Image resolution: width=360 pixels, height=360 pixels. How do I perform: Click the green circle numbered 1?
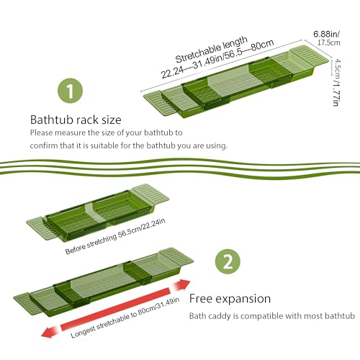coord(71,91)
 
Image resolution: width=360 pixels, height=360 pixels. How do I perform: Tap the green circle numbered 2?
coord(228,261)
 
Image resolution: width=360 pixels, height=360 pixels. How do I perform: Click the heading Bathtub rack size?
coord(76,120)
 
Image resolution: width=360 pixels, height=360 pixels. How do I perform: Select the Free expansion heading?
coord(230,299)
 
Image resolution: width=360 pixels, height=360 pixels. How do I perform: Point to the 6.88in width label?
coord(326,34)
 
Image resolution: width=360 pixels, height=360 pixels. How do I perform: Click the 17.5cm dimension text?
coord(328,42)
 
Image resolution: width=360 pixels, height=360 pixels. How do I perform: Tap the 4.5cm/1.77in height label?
coord(336,82)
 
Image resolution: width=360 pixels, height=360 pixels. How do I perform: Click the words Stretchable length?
coord(212,49)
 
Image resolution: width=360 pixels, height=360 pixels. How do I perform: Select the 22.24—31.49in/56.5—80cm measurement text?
coord(217,58)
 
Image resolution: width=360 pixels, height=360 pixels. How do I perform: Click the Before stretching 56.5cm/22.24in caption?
coord(115,236)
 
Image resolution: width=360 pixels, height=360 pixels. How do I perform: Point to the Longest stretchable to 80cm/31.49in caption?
coord(125,318)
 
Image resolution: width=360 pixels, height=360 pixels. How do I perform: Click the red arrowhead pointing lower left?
coord(50,332)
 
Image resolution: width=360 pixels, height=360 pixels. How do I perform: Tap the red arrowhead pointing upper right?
coord(181,285)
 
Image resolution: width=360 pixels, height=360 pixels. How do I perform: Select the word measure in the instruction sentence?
coord(70,132)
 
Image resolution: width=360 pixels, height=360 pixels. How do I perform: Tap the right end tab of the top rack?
coord(309,57)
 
